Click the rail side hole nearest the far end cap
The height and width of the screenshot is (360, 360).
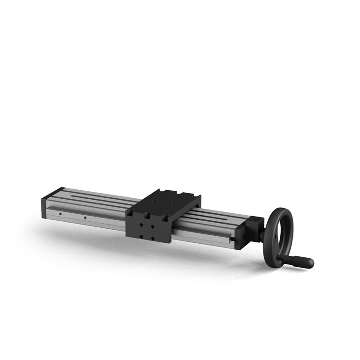tap(60, 214)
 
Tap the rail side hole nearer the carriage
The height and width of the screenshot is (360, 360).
tap(85, 217)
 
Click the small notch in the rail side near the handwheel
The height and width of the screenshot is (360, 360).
tap(232, 240)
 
